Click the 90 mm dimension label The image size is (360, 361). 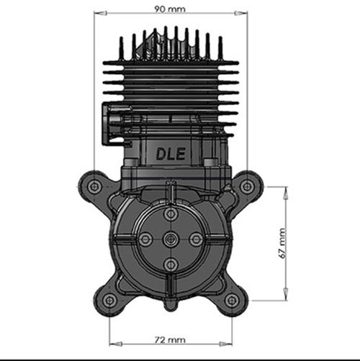click(x=170, y=9)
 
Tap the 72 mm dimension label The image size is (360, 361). click(x=170, y=339)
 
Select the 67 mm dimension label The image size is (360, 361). click(x=282, y=243)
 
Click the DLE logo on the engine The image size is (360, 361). click(x=171, y=154)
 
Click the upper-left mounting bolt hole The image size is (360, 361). click(x=94, y=186)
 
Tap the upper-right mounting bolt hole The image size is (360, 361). click(x=246, y=186)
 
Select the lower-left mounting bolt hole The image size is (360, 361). click(x=109, y=301)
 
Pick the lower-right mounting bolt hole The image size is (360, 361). click(x=232, y=301)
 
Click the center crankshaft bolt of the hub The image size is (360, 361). click(x=171, y=239)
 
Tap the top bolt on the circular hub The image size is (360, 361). click(x=171, y=214)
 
